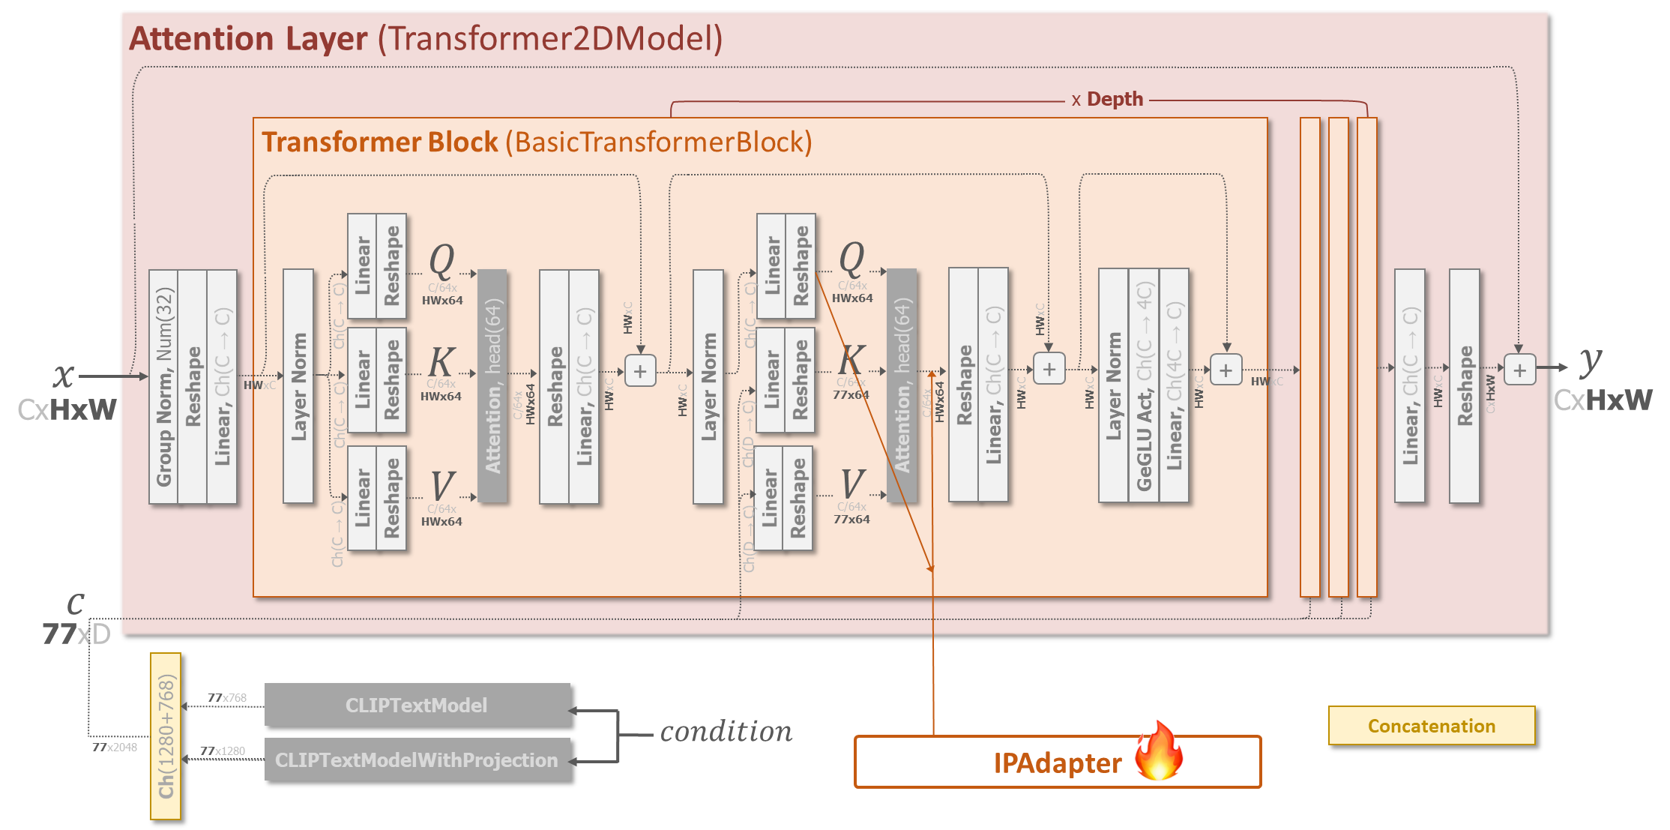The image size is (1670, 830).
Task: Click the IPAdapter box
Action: tap(1057, 762)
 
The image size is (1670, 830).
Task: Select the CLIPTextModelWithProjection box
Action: tap(417, 760)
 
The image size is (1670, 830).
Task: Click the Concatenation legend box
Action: tap(1431, 726)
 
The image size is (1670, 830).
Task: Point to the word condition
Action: tap(726, 732)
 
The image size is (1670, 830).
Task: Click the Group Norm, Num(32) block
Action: tap(164, 387)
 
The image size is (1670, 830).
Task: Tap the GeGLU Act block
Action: tap(1144, 387)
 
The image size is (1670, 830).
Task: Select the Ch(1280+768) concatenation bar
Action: tap(166, 736)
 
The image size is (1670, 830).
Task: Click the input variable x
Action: tap(64, 375)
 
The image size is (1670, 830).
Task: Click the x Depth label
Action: tap(1107, 100)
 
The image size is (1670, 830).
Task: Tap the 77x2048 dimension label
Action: tap(115, 747)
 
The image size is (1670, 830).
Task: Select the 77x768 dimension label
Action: tap(227, 698)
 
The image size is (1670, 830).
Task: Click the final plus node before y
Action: tap(1519, 370)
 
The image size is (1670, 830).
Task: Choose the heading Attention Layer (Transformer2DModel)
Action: tap(426, 39)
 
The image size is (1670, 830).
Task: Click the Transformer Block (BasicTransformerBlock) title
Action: tap(537, 142)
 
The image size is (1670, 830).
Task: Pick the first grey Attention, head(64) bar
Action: tap(492, 385)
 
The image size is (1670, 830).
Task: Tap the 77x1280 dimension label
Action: tap(223, 751)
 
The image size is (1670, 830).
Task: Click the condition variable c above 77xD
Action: tap(75, 603)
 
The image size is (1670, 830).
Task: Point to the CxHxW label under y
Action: tap(1603, 400)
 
